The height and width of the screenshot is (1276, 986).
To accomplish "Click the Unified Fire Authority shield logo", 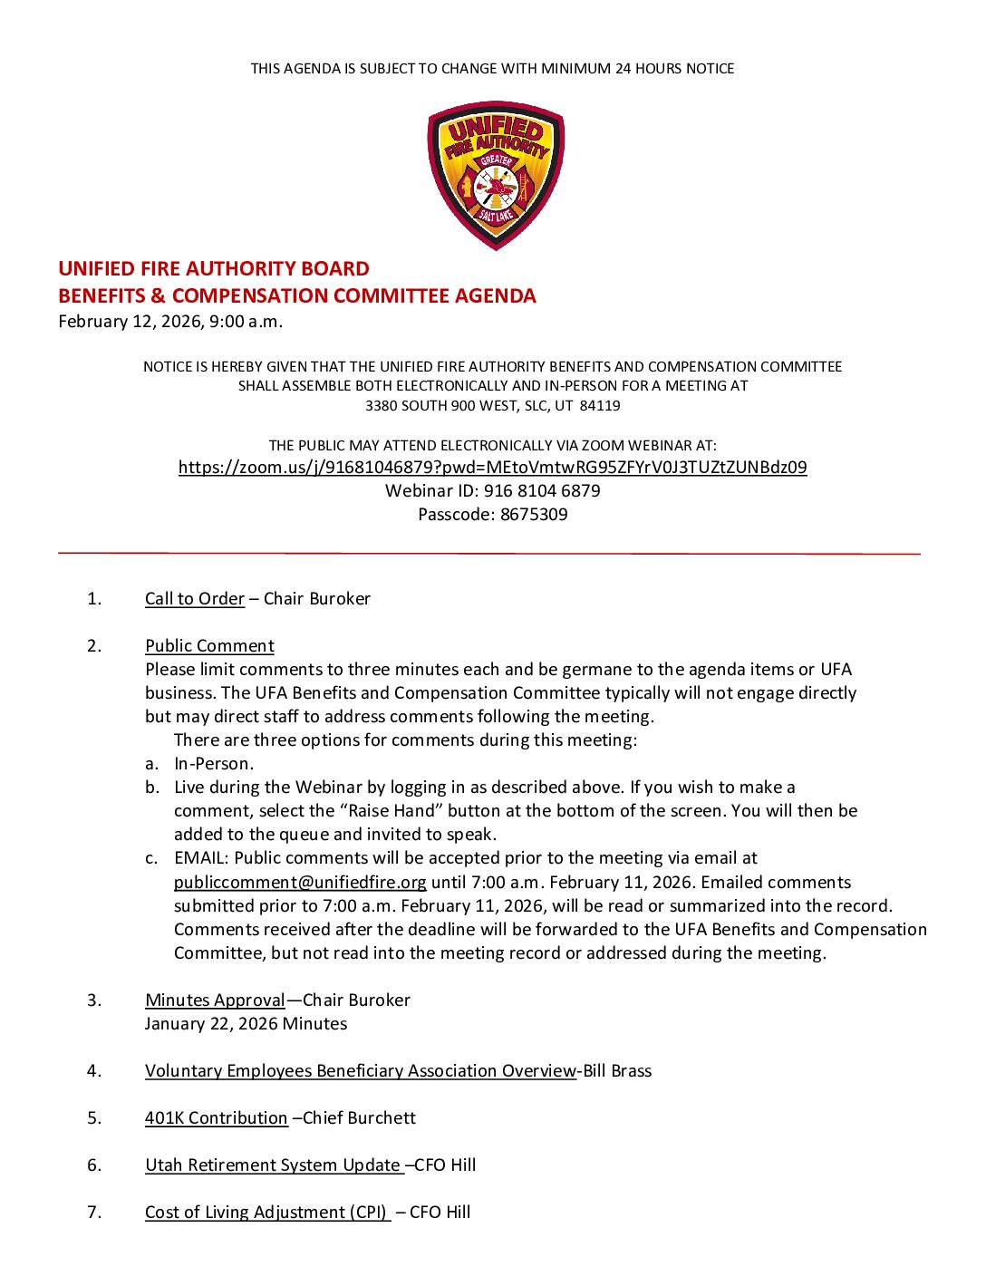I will tap(496, 175).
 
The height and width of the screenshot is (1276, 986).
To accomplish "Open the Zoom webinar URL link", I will tap(492, 468).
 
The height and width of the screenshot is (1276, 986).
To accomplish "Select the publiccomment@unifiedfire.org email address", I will tap(300, 883).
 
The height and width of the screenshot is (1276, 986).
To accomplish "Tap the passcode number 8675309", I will tap(534, 515).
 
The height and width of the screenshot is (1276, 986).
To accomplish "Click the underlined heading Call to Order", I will tap(195, 599).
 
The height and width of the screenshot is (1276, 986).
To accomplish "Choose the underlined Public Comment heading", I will tap(209, 646).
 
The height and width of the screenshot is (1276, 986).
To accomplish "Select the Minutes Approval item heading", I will tap(216, 1000).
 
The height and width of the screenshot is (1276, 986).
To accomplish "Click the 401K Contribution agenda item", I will tap(217, 1118).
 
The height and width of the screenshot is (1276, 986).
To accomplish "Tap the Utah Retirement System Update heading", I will tap(273, 1165).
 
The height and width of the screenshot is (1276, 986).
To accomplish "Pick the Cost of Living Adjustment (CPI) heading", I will tap(266, 1213).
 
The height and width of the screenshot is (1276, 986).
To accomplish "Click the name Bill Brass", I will tap(617, 1071).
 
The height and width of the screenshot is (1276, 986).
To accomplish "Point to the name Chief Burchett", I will tap(360, 1118).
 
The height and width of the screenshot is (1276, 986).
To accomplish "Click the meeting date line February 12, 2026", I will tap(170, 322).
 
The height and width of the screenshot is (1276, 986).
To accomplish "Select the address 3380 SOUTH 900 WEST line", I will tap(492, 406).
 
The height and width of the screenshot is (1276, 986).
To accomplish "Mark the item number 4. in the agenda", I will tap(94, 1071).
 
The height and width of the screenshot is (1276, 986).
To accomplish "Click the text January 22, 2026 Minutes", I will tap(246, 1024).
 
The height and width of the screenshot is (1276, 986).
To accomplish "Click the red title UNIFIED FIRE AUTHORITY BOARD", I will tap(214, 269).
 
